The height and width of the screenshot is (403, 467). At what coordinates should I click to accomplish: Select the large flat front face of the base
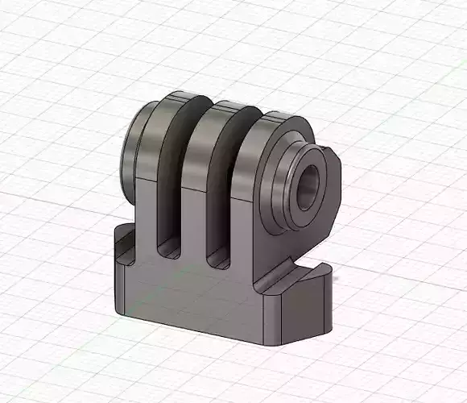pyautogui.click(x=193, y=302)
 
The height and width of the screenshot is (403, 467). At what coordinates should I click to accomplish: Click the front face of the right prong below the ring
pyautogui.click(x=246, y=242)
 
